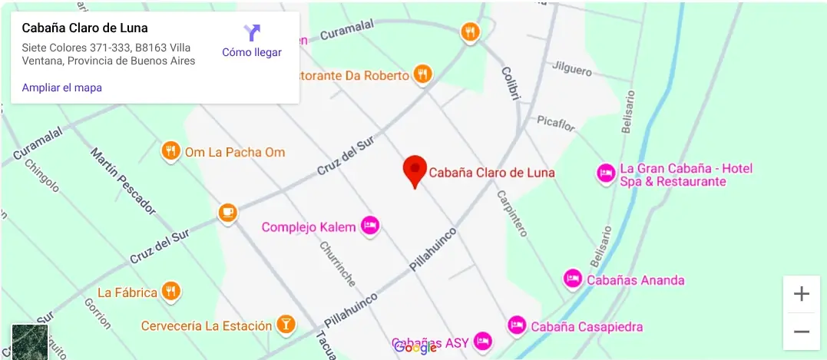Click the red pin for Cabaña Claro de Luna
pos(415,170)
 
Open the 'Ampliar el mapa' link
pos(61,88)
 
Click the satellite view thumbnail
pos(30,342)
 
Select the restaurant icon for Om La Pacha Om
pos(170,151)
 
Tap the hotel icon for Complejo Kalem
pos(370,226)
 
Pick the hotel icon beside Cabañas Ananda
pos(572,279)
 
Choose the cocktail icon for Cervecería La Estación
pos(286,324)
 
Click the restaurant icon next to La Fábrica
pos(171,291)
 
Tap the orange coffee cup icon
pos(227,212)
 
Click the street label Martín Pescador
pos(123,180)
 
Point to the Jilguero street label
pos(572,69)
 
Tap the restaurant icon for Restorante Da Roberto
pos(422,74)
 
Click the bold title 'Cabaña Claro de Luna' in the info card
pos(84,28)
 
